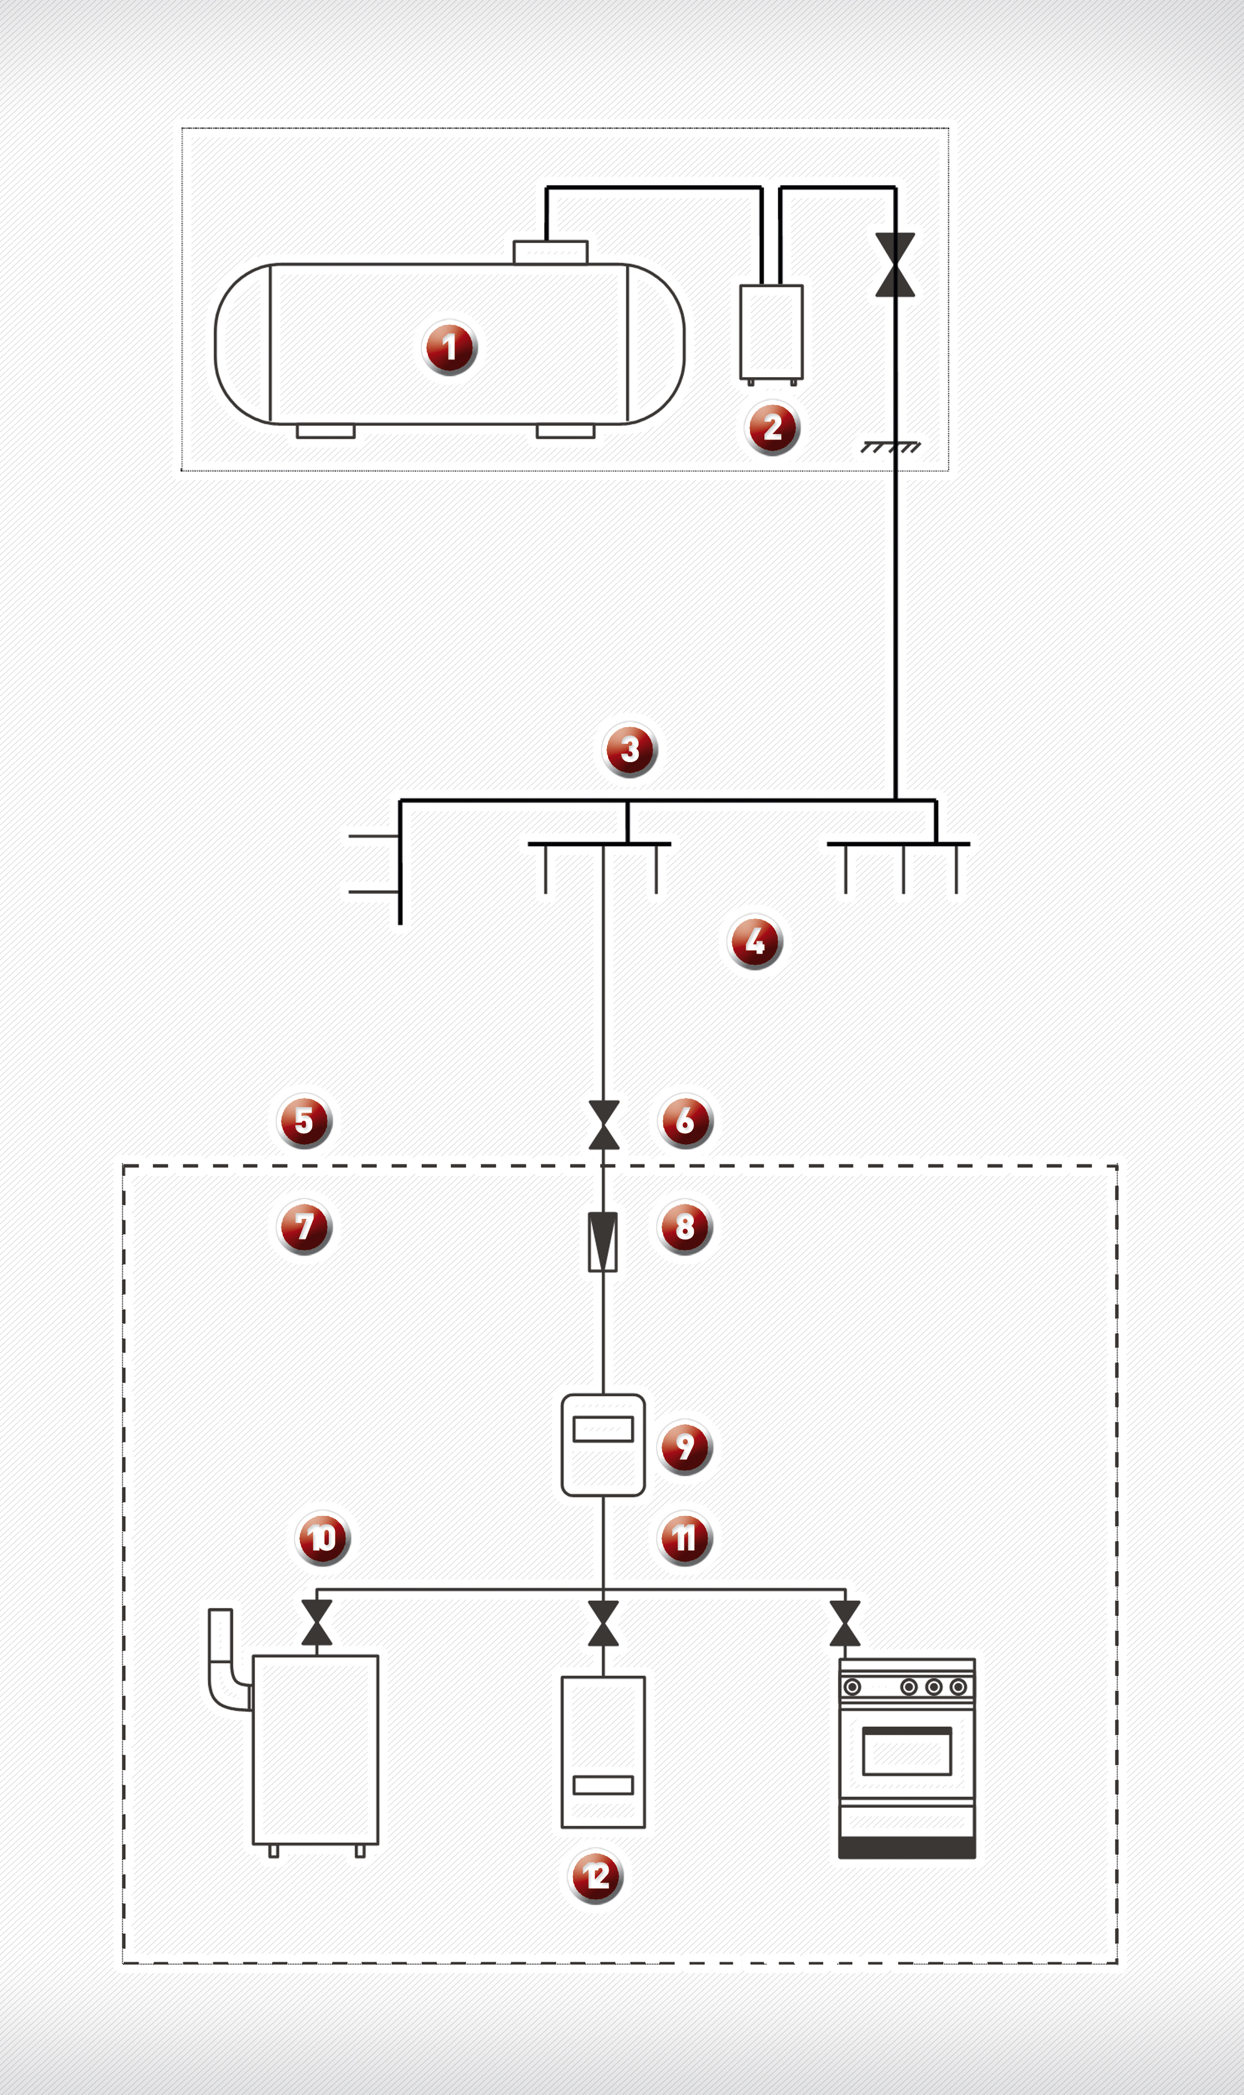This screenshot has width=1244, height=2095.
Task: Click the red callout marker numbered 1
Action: pos(450,347)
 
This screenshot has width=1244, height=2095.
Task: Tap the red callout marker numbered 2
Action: pos(772,427)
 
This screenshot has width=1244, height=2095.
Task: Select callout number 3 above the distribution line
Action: pos(630,750)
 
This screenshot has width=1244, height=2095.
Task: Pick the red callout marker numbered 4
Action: pos(756,942)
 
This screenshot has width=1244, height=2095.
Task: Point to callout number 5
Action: pos(304,1120)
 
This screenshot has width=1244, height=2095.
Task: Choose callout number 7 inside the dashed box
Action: pos(304,1227)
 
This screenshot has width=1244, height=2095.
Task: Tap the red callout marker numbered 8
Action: pos(685,1227)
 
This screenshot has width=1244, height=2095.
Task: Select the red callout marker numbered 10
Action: pos(323,1538)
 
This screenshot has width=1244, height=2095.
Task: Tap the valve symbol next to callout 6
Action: pos(604,1125)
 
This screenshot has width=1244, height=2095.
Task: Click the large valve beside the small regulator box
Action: pos(895,265)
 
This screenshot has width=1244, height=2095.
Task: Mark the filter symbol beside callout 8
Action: pos(603,1242)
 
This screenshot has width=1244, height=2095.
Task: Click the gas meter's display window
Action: pos(603,1429)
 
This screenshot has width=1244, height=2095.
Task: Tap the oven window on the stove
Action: pos(907,1751)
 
